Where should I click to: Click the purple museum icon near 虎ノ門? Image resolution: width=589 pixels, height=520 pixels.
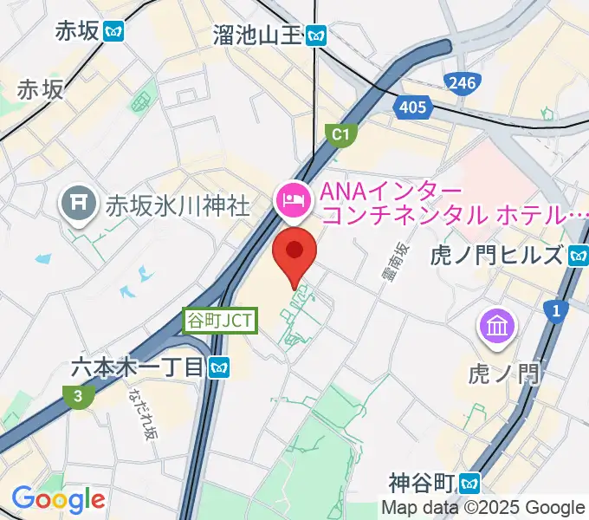click(497, 327)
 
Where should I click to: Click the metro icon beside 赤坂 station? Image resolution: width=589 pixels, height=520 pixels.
click(113, 31)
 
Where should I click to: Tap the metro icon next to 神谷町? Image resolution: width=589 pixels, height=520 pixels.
click(471, 481)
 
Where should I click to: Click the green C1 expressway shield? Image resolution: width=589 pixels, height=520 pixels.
click(340, 134)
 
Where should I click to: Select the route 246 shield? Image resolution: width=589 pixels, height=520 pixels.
click(462, 83)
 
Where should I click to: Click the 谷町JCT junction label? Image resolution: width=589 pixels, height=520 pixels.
click(220, 320)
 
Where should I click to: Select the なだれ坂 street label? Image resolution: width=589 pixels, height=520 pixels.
click(140, 412)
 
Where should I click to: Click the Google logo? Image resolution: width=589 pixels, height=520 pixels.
click(58, 499)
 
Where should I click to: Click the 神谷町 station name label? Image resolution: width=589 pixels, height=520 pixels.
click(422, 481)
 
